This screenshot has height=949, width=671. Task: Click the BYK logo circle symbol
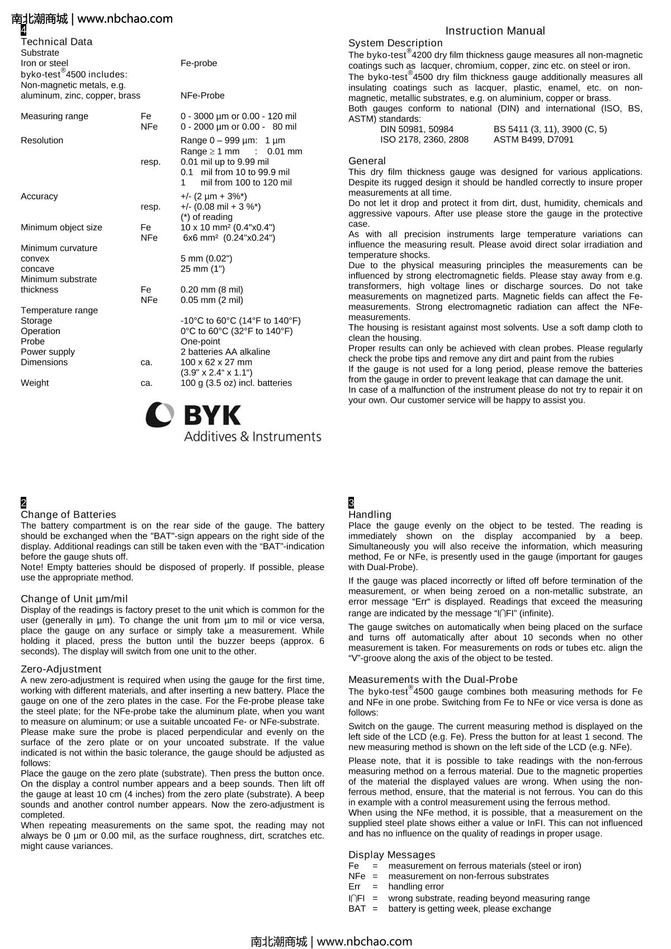[x=159, y=415]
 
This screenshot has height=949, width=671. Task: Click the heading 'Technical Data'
[x=56, y=42]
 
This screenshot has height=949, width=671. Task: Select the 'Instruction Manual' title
[x=495, y=31]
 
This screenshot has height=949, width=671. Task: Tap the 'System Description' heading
[x=395, y=43]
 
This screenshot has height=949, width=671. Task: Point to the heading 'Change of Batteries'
[x=68, y=515]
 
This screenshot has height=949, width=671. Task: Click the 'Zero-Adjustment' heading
[x=61, y=670]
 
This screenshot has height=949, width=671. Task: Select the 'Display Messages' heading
[x=391, y=855]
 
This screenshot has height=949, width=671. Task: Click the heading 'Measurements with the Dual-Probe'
[x=433, y=680]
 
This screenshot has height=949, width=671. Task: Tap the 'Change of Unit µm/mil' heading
[x=74, y=599]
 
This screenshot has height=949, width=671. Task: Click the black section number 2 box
[x=23, y=502]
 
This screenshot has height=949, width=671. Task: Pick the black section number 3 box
[x=351, y=502]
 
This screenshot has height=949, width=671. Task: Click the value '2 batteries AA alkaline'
[x=225, y=352]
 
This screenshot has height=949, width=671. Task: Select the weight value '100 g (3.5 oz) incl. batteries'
[x=236, y=383]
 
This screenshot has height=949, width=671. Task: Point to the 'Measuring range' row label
[x=54, y=116]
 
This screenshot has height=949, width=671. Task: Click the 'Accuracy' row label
[x=39, y=197]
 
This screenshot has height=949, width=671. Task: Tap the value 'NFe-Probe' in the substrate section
[x=202, y=96]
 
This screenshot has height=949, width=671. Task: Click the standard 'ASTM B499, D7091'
[x=533, y=140]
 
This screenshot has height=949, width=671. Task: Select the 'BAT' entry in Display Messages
[x=357, y=909]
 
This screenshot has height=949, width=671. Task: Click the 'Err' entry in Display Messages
[x=355, y=887]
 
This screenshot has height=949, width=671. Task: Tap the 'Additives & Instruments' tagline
[x=253, y=436]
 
